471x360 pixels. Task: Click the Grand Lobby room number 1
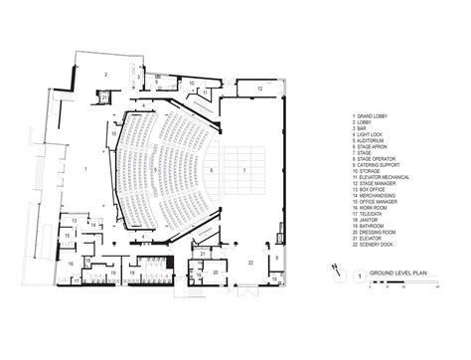86,170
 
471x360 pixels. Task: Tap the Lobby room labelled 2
104,74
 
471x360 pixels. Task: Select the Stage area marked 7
242,170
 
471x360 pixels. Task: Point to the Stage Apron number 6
211,170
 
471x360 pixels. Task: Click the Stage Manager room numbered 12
260,89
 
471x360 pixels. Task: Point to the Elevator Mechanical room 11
206,92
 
